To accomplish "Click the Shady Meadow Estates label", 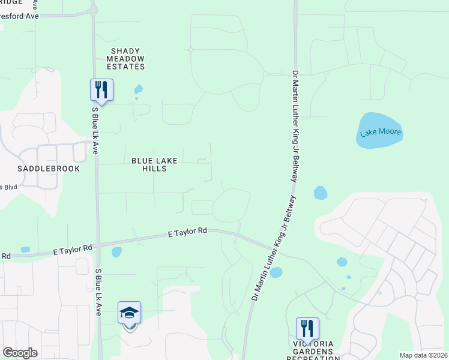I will pos(126,59).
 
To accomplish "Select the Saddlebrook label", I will pos(49,169).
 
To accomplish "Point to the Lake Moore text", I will pos(380,133).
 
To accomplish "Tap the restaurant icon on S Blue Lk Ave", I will pos(101,91).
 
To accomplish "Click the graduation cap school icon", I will pos(129,314).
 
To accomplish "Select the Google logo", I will pos(20,353).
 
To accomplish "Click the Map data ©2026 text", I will pos(423,355).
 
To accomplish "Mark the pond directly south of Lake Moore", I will pos(321,193).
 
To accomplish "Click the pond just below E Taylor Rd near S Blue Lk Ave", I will pos(116,252).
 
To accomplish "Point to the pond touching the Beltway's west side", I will pos(276,272).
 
